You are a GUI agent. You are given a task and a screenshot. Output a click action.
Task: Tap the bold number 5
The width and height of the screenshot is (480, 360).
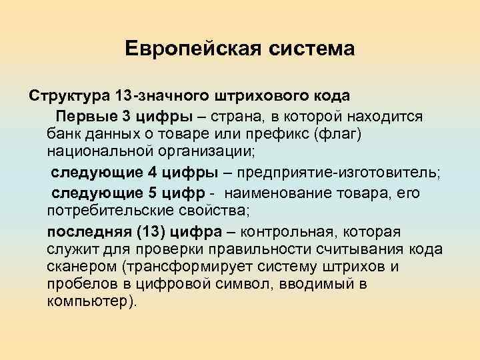tap(152, 194)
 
